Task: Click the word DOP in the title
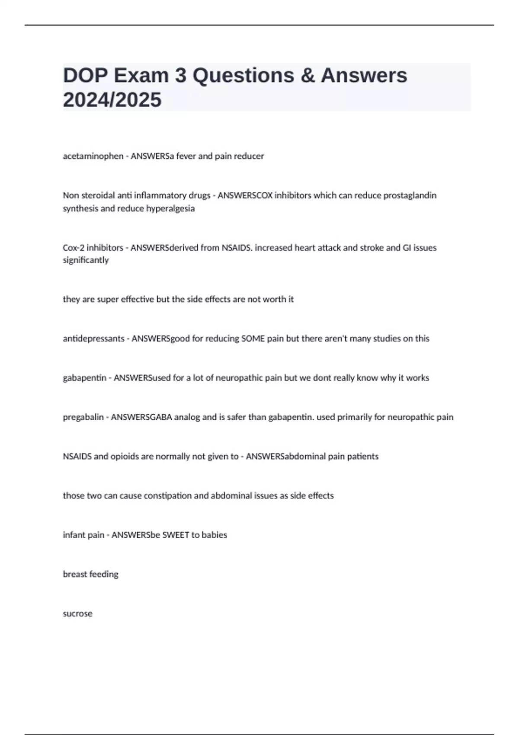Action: (x=85, y=76)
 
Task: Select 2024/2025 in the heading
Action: (x=112, y=100)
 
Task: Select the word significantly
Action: (x=86, y=260)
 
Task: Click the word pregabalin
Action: (x=83, y=417)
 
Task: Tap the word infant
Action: (x=74, y=535)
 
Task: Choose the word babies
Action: (x=215, y=535)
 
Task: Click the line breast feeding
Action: (x=90, y=575)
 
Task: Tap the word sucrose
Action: (x=77, y=614)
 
